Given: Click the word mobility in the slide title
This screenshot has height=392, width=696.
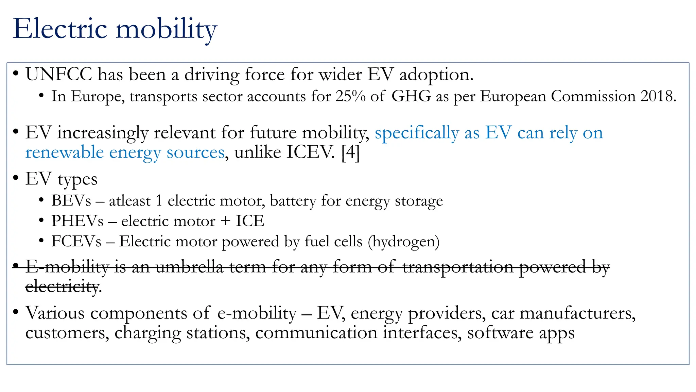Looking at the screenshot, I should point(166,30).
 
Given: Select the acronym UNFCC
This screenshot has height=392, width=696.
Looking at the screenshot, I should point(59,74).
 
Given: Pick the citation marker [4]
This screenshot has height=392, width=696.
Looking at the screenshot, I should point(350,152).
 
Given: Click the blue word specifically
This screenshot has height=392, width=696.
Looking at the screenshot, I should point(417,133).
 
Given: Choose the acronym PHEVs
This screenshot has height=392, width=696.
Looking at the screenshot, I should point(77,221).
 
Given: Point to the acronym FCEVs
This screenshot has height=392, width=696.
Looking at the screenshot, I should point(76,242).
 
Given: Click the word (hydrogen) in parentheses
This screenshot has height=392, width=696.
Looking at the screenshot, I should point(403,242).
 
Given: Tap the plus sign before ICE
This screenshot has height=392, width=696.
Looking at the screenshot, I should point(225,222).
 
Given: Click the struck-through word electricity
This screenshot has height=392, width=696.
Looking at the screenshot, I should point(62,287).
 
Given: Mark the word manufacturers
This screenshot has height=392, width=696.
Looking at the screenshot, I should point(578,313).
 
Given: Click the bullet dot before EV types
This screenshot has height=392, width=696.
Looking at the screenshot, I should point(15,178).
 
